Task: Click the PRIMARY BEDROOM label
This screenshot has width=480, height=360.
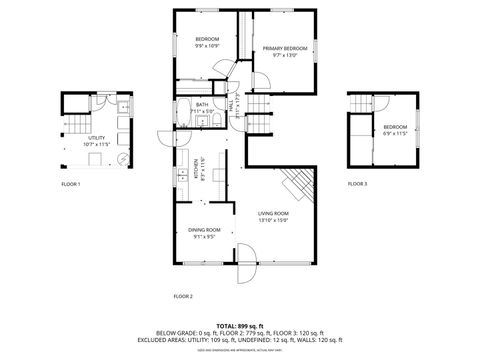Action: tap(285, 49)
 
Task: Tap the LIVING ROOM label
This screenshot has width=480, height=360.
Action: tap(273, 213)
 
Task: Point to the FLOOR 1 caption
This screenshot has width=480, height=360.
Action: tap(71, 184)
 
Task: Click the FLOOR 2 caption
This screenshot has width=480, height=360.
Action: tap(183, 296)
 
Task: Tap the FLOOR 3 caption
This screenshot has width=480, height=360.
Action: tap(357, 184)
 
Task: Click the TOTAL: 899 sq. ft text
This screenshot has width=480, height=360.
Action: tap(240, 327)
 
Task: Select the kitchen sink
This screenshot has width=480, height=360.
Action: tap(180, 176)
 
